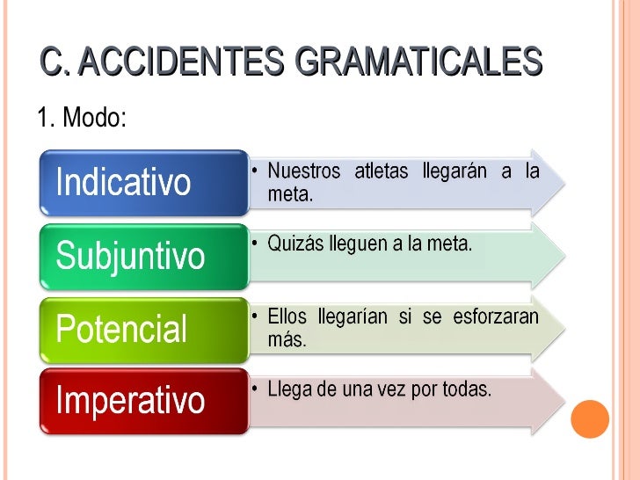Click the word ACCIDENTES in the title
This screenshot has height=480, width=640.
(x=185, y=62)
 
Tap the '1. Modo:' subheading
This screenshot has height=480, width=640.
(x=82, y=117)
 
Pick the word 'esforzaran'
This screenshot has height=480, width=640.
(x=496, y=316)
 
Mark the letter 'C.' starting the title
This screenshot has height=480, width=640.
(x=56, y=62)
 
